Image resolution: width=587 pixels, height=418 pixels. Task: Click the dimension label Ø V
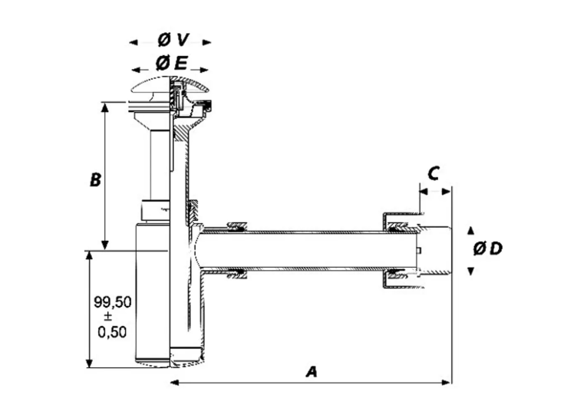point(173,40)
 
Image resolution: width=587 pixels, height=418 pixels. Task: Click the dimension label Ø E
point(171,63)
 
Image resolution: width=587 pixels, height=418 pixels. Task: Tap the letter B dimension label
point(95,179)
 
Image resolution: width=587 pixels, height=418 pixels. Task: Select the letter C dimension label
point(433,173)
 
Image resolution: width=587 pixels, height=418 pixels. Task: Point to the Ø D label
point(487,248)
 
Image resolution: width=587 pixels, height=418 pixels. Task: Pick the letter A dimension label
point(312,372)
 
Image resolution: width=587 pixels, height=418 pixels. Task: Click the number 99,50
point(113,302)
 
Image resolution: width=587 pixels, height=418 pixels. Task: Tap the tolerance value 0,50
point(112,332)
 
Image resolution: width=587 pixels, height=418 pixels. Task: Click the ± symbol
point(108,317)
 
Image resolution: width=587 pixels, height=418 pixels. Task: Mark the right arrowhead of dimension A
point(447,383)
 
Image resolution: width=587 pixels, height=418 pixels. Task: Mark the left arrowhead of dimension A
point(175,383)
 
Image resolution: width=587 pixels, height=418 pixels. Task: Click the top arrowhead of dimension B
point(105,107)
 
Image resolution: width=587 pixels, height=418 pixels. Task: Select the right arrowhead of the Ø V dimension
point(206,42)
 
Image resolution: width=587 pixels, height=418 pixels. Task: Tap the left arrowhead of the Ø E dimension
point(137,70)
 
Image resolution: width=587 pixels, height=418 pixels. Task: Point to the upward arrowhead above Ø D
point(471,231)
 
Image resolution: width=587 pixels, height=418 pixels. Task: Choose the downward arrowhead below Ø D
point(471,272)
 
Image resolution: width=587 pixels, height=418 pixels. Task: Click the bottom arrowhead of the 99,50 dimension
point(89,363)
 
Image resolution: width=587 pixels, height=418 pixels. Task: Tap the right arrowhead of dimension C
point(447,192)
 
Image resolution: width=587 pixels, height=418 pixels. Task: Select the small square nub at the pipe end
point(419,250)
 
